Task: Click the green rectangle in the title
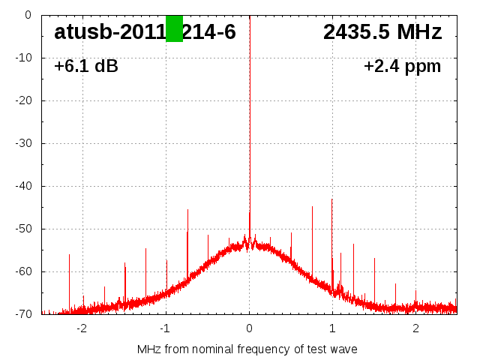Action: pos(174,28)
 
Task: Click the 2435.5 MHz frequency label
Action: pos(382,31)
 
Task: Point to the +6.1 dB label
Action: pos(85,66)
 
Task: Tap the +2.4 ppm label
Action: pos(402,66)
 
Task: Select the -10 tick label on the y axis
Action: pos(22,57)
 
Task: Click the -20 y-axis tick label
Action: pos(22,100)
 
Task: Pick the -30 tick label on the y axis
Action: pos(22,142)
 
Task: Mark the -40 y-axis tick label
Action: pos(22,185)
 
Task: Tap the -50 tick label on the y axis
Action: pos(22,228)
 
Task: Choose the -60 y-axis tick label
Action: pos(22,271)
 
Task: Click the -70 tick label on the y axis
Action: pos(22,313)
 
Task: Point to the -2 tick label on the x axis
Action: pos(82,328)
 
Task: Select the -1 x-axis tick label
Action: pos(165,328)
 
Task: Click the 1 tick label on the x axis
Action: pos(332,328)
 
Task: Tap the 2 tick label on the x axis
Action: pos(415,328)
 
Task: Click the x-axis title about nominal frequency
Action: pos(247,349)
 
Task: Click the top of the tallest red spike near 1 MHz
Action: pos(331,199)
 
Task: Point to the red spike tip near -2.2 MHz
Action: pos(69,255)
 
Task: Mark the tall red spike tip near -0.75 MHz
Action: pos(187,210)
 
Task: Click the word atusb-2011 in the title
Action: pos(109,31)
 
